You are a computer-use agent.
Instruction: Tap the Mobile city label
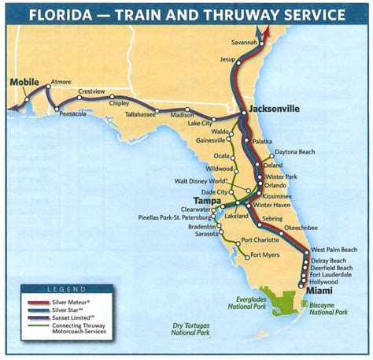[24, 81]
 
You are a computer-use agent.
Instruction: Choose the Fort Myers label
[266, 254]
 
